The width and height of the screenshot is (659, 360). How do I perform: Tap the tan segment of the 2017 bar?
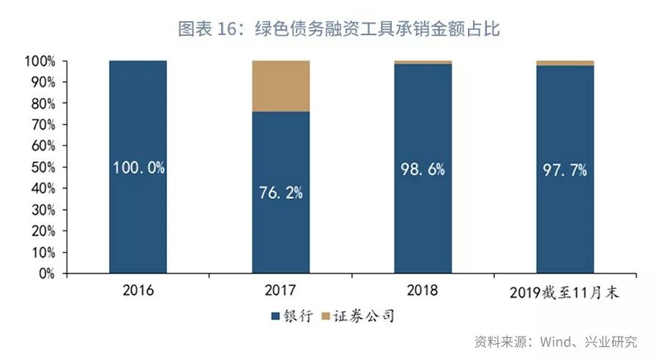[x=280, y=86]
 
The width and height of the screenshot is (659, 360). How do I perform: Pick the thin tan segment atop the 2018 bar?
[x=422, y=62]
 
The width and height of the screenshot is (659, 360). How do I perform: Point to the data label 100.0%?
[x=138, y=168]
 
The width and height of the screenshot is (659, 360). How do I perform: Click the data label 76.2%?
[x=280, y=193]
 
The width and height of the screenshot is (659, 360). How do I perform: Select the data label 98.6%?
[x=422, y=169]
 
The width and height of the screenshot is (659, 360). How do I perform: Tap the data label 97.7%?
[x=565, y=170]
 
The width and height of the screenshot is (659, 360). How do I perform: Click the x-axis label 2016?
[x=138, y=290]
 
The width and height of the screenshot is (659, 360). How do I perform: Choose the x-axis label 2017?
[x=280, y=290]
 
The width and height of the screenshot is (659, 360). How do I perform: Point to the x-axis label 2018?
[x=422, y=290]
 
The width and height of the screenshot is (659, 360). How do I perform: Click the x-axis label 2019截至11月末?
[x=565, y=292]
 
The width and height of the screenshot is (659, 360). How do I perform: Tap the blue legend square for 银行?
[x=275, y=317]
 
